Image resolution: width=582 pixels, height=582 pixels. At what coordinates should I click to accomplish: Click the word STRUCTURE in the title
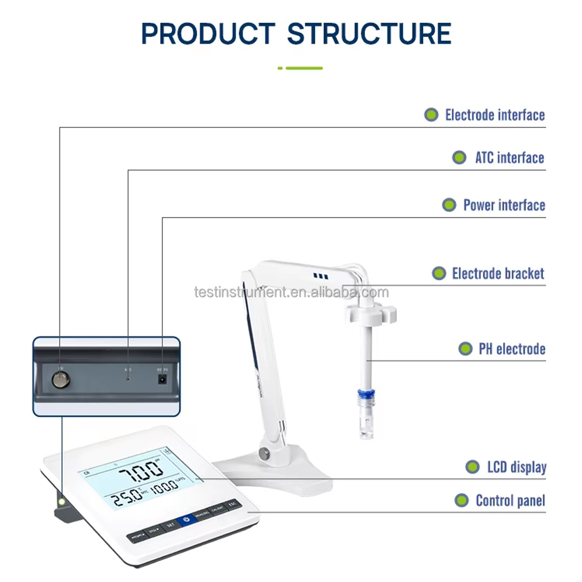click(x=369, y=34)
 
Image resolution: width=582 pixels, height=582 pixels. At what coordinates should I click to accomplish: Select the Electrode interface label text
click(x=495, y=115)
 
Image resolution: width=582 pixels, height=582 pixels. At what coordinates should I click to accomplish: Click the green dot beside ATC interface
click(x=459, y=158)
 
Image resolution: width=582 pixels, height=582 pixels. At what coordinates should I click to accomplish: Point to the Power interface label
click(x=504, y=205)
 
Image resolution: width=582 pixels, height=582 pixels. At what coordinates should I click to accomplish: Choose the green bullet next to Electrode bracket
click(x=439, y=274)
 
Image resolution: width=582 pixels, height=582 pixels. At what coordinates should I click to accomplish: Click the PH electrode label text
click(x=512, y=349)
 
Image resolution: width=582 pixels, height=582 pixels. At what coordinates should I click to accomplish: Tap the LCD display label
click(x=516, y=467)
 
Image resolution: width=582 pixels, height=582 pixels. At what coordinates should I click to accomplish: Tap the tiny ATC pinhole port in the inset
click(x=128, y=378)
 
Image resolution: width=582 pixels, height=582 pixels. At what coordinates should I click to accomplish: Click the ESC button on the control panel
click(x=232, y=505)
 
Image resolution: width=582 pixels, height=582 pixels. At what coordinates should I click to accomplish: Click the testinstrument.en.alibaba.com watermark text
click(x=291, y=292)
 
